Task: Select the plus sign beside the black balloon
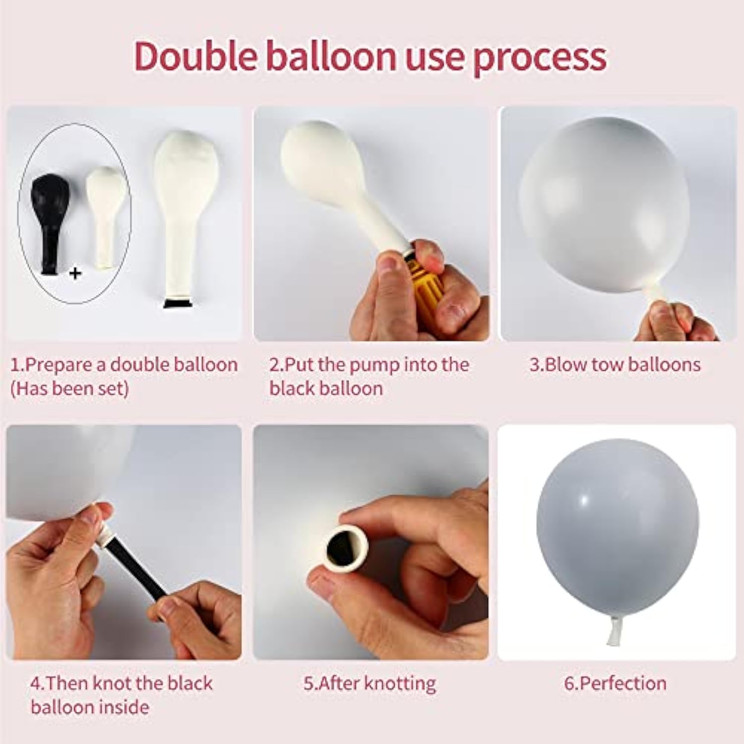click(x=75, y=273)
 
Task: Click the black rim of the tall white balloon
click(x=179, y=303)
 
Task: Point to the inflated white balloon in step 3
click(x=604, y=208)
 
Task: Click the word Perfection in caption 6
click(x=622, y=683)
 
